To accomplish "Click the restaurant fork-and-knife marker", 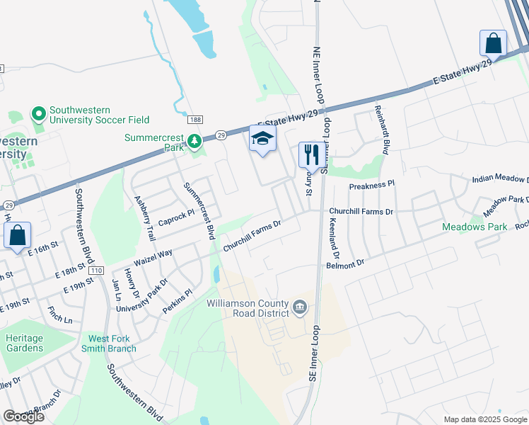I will tap(311, 154).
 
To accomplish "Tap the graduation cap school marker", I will tap(262, 139).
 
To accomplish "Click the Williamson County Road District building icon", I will tap(300, 307).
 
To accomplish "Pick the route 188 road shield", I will tap(195, 120).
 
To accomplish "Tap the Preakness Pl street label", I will tap(371, 185).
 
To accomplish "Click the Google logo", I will tap(23, 416).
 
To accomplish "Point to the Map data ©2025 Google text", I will tap(485, 419).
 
